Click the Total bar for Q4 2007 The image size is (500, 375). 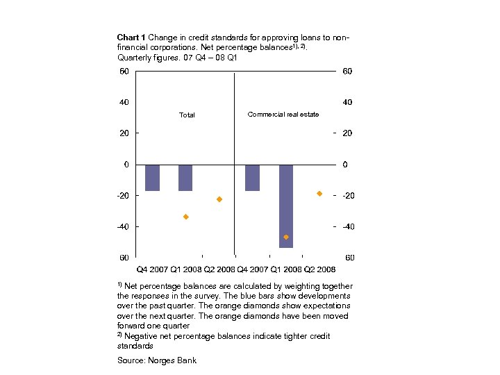pos(152,177)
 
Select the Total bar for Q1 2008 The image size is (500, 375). pos(185,177)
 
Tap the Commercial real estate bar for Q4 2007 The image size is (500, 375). pos(252,177)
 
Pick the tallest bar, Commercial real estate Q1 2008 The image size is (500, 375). pos(286,206)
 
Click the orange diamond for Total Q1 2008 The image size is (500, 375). pos(186,217)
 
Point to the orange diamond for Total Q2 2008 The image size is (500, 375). pos(219,199)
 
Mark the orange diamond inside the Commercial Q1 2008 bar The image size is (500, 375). pos(286,237)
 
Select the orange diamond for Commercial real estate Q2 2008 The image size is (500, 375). pos(319,193)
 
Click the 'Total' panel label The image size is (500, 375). pos(187,115)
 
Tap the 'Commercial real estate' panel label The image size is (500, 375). pos(283,114)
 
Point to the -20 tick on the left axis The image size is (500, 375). pos(122,195)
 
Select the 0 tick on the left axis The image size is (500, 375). pos(126,165)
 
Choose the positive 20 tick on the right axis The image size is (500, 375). pos(347,133)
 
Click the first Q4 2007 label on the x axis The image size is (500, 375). pos(151,269)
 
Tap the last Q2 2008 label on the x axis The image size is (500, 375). pos(319,269)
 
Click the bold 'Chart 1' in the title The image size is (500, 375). pos(131,37)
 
